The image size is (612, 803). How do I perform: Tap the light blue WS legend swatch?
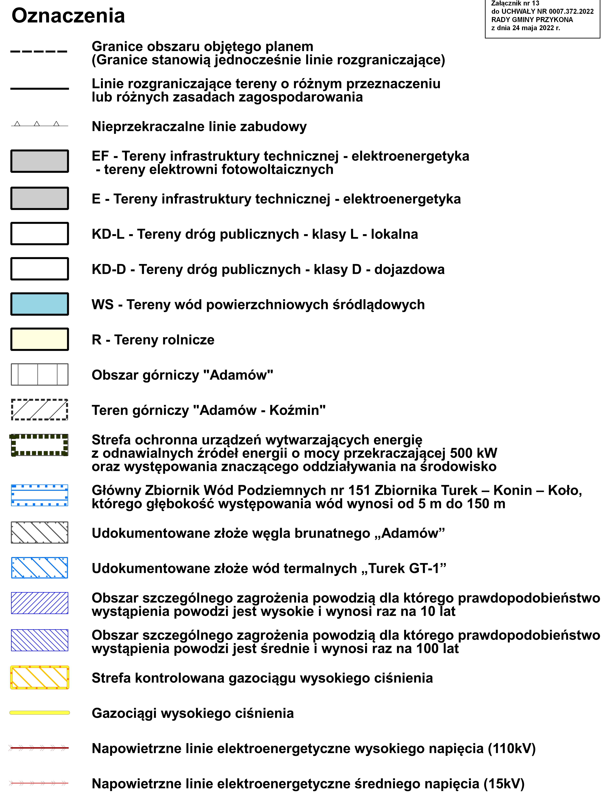[x=39, y=304]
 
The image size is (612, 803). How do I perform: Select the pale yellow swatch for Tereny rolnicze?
[x=39, y=339]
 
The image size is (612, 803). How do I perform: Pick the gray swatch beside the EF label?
[x=39, y=161]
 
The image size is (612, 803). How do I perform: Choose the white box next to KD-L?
[x=39, y=234]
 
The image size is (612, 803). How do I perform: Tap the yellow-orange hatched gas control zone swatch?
[x=39, y=677]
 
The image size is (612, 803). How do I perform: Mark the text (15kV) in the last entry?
[x=504, y=783]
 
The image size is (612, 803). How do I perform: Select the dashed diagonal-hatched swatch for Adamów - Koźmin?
[x=39, y=410]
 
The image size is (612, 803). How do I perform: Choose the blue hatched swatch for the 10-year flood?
[x=39, y=603]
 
